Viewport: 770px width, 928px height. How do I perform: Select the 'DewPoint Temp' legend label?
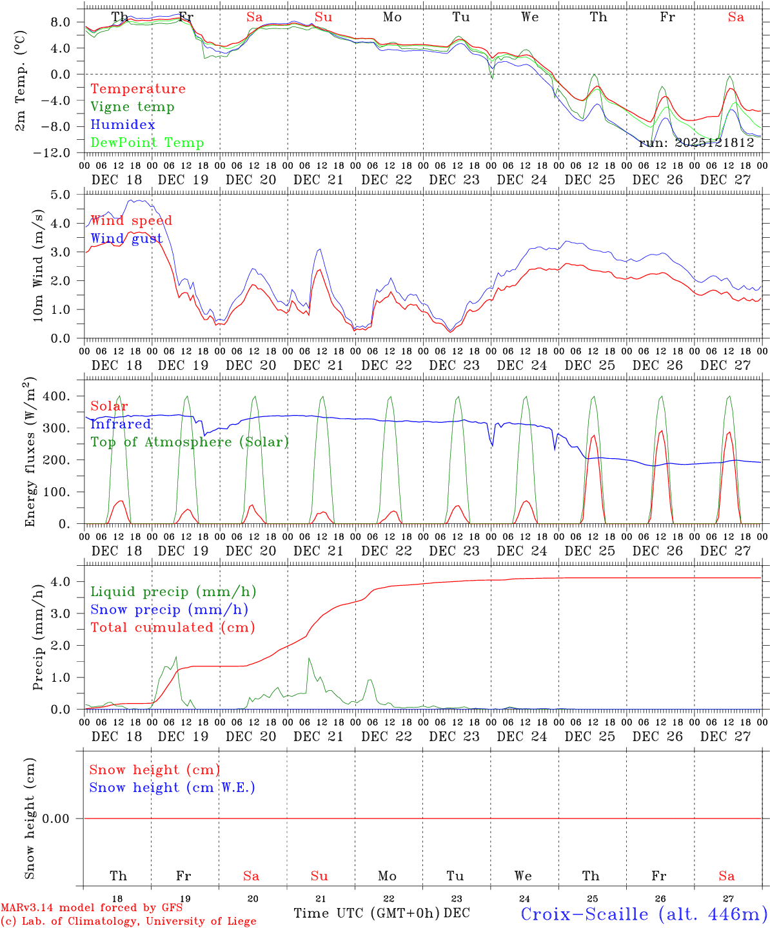(147, 143)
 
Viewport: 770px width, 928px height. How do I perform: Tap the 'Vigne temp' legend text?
(132, 107)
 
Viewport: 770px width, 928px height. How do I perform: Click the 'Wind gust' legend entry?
(126, 238)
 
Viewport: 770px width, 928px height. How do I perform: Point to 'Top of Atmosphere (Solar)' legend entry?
(189, 442)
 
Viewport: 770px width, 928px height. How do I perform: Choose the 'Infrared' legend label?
(121, 424)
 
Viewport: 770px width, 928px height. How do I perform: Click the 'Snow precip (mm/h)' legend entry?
(169, 610)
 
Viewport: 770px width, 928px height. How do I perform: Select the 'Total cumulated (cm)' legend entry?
(172, 628)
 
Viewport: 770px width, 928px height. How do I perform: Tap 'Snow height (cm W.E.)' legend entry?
(172, 788)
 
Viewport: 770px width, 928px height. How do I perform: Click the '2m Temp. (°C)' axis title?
(21, 81)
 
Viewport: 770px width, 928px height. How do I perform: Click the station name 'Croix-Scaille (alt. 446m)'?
(644, 914)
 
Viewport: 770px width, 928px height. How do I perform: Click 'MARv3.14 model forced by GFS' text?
(91, 908)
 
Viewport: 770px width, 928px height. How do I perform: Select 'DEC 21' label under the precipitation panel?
(319, 737)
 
